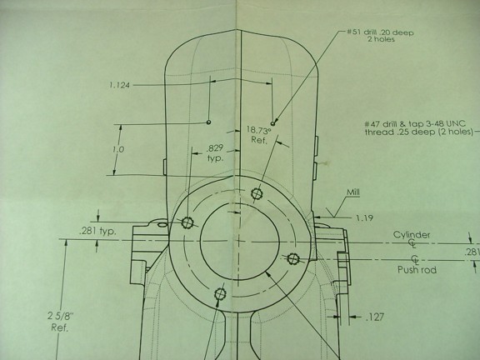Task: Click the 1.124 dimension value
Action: (119, 85)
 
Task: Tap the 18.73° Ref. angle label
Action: (259, 135)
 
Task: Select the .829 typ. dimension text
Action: (215, 153)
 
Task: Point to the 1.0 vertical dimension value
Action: (118, 150)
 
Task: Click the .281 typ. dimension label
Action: (97, 231)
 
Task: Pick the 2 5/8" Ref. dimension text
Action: (59, 322)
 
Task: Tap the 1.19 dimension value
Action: (364, 218)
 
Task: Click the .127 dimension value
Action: (375, 317)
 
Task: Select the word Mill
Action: (353, 192)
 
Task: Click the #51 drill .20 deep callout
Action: (380, 36)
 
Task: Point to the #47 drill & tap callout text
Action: (419, 128)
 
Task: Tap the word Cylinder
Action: (412, 235)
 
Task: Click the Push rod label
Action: (417, 270)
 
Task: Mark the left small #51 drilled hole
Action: (209, 122)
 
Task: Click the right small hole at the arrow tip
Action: (273, 123)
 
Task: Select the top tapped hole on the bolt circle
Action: (257, 193)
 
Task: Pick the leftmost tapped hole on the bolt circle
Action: (187, 222)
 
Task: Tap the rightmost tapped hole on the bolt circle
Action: (293, 258)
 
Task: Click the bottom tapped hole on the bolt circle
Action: (220, 294)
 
